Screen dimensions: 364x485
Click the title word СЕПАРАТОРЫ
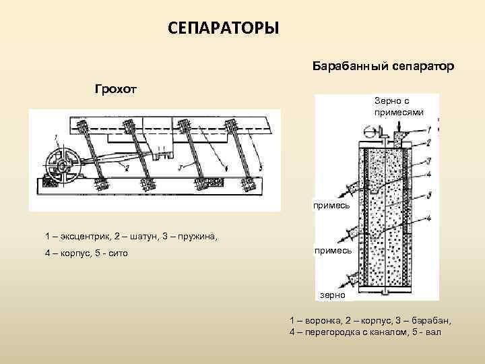pyautogui.click(x=223, y=28)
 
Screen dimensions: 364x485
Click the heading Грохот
pyautogui.click(x=115, y=89)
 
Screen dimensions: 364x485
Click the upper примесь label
pyautogui.click(x=331, y=204)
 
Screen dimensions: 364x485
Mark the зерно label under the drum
pyautogui.click(x=333, y=295)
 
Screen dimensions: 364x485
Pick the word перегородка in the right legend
pyautogui.click(x=331, y=332)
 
